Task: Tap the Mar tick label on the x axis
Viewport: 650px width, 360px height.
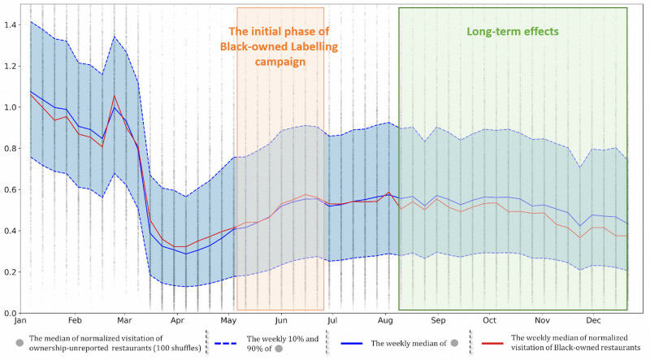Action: coord(125,321)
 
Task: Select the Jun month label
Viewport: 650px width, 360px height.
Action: coord(280,321)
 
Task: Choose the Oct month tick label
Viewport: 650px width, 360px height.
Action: coord(489,321)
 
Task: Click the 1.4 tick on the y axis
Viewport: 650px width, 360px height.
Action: coord(10,24)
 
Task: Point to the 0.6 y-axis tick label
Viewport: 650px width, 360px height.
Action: coord(10,190)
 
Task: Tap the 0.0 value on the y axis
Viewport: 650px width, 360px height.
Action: coord(10,313)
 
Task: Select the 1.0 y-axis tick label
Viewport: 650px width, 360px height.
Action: coord(10,107)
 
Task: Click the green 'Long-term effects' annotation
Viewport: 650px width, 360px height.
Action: coord(512,32)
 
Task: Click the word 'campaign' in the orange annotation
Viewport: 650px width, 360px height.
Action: coord(279,61)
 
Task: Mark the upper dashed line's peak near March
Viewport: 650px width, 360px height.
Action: coord(114,37)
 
